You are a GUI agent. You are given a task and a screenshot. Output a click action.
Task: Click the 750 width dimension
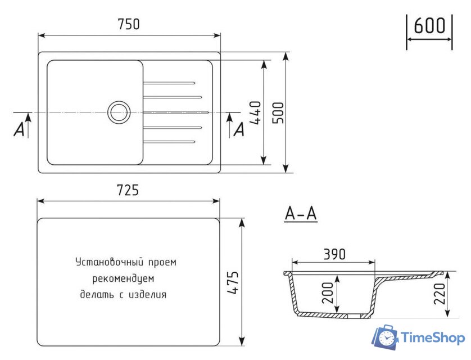pyautogui.click(x=129, y=24)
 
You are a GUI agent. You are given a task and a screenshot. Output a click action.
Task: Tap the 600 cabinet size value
pyautogui.click(x=429, y=25)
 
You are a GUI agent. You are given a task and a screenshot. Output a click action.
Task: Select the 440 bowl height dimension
pyautogui.click(x=255, y=112)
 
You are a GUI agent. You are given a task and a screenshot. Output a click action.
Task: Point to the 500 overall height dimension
pyautogui.click(x=278, y=112)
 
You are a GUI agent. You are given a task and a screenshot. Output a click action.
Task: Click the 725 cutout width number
pyautogui.click(x=128, y=190)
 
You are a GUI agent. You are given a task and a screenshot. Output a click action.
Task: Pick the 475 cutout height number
pyautogui.click(x=233, y=282)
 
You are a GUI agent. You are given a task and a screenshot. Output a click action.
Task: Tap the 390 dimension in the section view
pyautogui.click(x=334, y=254)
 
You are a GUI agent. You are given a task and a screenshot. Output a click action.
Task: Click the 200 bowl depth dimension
pyautogui.click(x=328, y=293)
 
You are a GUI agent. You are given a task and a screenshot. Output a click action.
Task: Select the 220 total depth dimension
pyautogui.click(x=440, y=294)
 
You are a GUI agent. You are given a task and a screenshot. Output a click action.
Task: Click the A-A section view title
pyautogui.click(x=301, y=214)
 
